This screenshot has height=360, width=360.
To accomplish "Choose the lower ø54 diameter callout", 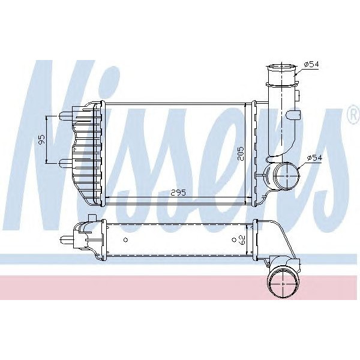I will tap(315, 158).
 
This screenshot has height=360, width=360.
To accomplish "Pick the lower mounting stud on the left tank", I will tap(66, 162).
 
